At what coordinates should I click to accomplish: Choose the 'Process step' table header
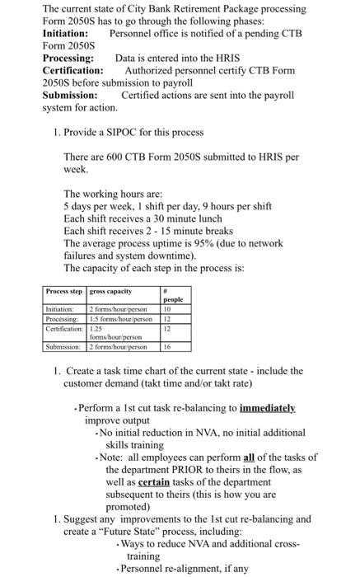click(x=65, y=291)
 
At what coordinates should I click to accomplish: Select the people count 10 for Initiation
click(x=168, y=310)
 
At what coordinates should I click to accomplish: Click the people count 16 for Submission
click(x=168, y=346)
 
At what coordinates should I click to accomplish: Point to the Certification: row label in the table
click(x=65, y=328)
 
